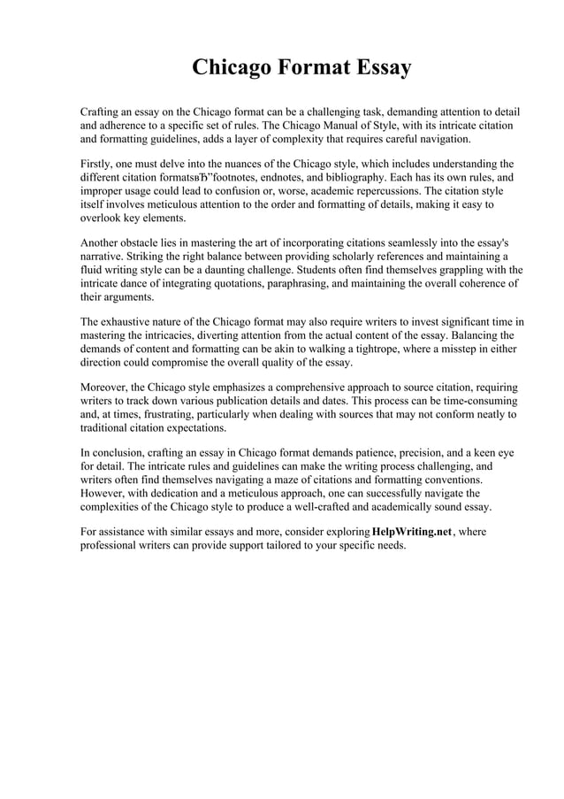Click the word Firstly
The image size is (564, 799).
(x=97, y=164)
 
